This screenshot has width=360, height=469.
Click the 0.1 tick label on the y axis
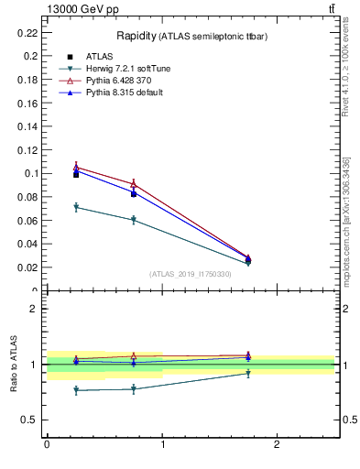[32, 173]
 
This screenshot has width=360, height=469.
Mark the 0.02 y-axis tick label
[29, 267]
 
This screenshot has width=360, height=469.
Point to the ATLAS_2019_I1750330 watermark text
[190, 274]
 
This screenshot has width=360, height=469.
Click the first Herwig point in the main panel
[76, 207]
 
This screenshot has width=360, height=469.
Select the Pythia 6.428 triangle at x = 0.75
[133, 184]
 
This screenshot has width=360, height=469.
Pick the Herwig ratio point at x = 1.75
[248, 373]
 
